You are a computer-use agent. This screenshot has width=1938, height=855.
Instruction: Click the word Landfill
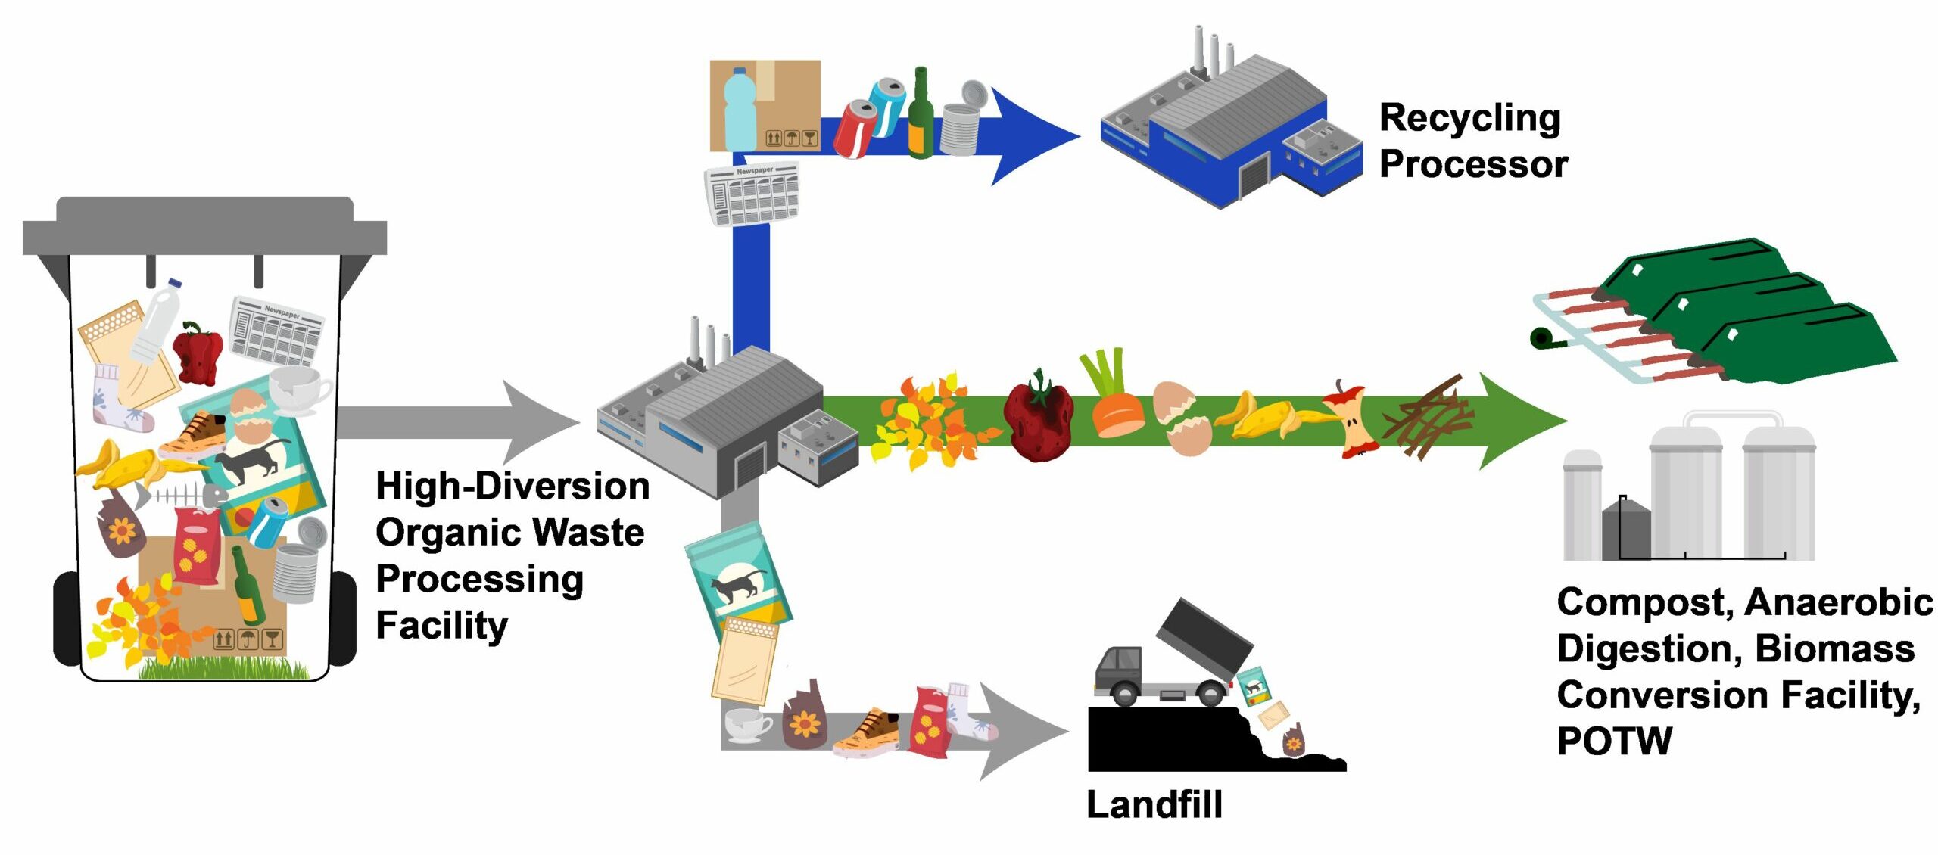pos(1154,804)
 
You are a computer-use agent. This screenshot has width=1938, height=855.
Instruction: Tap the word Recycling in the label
pos(1469,119)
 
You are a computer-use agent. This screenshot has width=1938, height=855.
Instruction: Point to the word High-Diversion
pos(513,486)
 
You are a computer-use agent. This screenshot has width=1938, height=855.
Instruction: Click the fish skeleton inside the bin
pos(182,496)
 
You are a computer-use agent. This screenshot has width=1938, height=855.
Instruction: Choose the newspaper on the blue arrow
pos(752,194)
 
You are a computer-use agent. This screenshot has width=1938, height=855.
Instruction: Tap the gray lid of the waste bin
pos(204,227)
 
